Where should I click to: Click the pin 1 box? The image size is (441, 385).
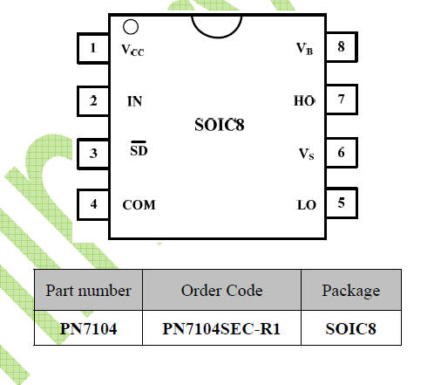coord(93,48)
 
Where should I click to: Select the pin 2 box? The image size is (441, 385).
coord(93,100)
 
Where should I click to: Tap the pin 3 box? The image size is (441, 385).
coord(93,154)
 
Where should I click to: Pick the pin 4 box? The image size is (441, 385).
coord(93,204)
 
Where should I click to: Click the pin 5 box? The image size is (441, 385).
coord(342,203)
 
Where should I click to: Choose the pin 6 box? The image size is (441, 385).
coord(342,153)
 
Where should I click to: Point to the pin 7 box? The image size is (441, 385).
coord(342,100)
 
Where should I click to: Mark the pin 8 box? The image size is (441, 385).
coord(342,47)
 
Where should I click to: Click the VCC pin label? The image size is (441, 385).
coord(132,50)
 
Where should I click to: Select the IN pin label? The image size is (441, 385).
coord(135,101)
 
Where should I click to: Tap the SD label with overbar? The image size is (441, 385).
coord(139,148)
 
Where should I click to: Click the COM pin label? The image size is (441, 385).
coord(139,205)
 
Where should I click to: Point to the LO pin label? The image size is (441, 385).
coord(307,205)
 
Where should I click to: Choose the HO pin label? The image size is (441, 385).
coord(304,101)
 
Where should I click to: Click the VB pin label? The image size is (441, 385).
coord(304,49)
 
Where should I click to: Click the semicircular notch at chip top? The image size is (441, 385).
coord(216,38)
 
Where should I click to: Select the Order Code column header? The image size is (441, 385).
coord(221,291)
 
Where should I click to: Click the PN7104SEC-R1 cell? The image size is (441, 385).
coord(221,329)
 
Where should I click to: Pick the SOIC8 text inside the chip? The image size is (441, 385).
coord(220,125)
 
